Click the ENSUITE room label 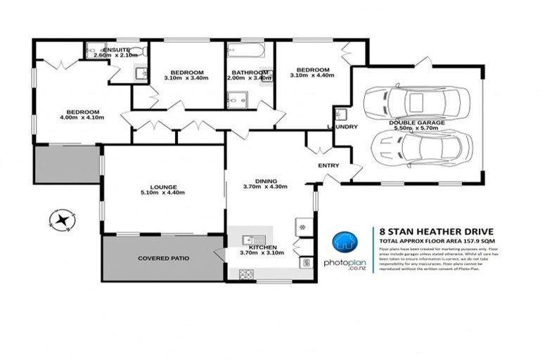click(116, 49)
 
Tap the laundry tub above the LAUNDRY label click(340, 114)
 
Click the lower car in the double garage click(420, 148)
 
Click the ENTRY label click(328, 166)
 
